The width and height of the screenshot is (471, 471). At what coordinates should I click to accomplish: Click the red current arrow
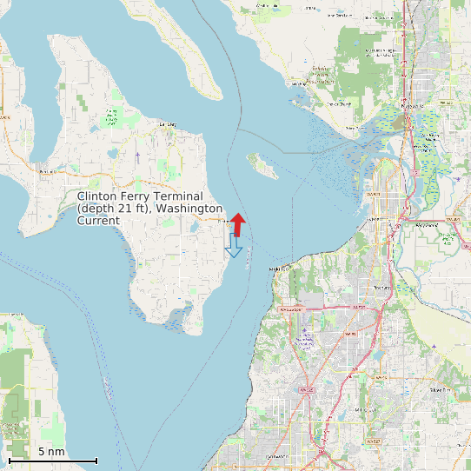(239, 222)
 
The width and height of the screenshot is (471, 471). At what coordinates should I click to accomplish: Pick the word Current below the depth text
(98, 221)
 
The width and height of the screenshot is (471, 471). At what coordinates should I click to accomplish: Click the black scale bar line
(52, 461)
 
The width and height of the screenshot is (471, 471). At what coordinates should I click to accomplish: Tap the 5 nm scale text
(51, 452)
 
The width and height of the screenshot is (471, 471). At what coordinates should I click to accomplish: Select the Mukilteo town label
(278, 269)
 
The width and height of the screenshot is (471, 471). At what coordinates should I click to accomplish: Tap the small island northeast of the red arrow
(262, 164)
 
